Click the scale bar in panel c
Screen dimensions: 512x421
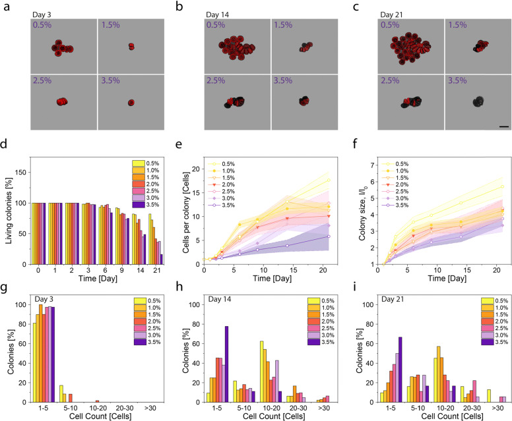tap(504, 126)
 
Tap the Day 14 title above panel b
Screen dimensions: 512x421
tap(218, 14)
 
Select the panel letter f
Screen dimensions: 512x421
tap(356, 144)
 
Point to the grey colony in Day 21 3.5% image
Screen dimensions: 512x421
tap(478, 101)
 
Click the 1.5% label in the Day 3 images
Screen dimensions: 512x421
tap(111, 25)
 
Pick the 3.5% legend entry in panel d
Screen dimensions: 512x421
tap(146, 205)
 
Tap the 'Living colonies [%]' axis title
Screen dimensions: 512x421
tap(9, 211)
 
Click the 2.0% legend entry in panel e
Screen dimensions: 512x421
tap(222, 184)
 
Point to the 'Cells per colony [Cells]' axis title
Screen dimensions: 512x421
tap(186, 212)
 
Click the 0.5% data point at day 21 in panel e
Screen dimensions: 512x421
tap(329, 180)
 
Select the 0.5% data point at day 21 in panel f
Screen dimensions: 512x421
tap(502, 186)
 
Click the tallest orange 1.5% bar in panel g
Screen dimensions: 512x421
tap(40, 353)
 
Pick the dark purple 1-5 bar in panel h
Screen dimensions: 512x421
tap(226, 364)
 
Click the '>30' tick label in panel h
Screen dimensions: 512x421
tap(324, 408)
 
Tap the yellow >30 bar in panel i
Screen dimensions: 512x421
tap(489, 396)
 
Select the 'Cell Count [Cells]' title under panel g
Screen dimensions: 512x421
tap(100, 416)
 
